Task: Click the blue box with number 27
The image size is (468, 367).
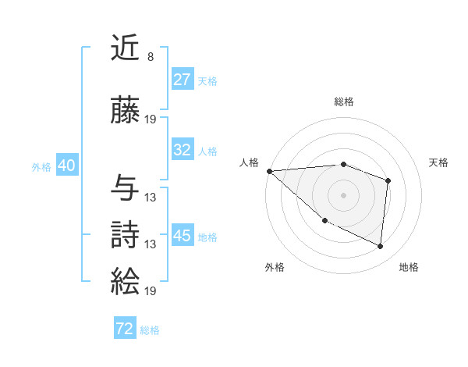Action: (183, 80)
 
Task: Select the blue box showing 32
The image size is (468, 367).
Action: (183, 150)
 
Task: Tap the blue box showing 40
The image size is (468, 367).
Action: (66, 166)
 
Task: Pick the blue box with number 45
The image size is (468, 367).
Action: (183, 236)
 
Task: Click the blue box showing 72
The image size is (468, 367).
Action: (125, 329)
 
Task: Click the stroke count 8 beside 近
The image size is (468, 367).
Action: (150, 57)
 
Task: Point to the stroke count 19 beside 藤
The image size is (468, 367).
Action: (150, 119)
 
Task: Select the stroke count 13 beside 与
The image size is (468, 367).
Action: (150, 197)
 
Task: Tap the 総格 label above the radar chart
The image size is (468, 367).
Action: (343, 102)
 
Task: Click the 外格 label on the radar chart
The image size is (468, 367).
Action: (275, 267)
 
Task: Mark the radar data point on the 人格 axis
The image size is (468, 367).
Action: (269, 170)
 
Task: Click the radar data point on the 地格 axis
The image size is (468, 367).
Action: (380, 246)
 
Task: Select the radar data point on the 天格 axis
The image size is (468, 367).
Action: (388, 180)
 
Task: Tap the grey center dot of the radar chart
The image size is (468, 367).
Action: (343, 194)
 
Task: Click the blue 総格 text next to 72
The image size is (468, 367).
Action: (150, 330)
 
